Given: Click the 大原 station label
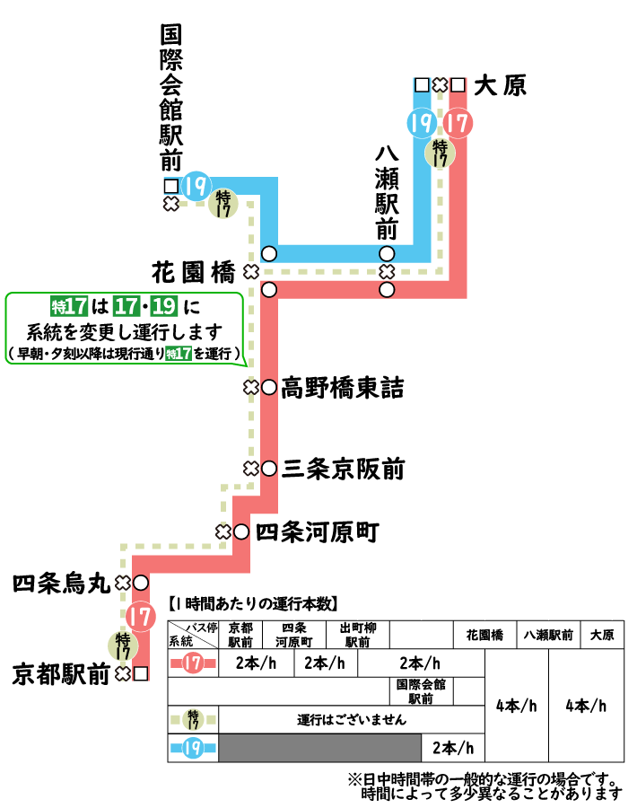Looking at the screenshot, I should point(500,85).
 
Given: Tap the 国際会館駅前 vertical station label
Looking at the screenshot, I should point(170,99).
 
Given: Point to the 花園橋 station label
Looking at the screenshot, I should point(193,270).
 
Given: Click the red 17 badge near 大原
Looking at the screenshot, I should point(457,122).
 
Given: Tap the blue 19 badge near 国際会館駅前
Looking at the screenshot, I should point(196,187).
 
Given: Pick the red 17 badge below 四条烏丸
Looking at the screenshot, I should point(139,617).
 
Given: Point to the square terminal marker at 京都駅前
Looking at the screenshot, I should point(140,672).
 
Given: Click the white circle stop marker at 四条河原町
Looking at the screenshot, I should point(240,531).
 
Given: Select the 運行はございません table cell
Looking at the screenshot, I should point(352,720).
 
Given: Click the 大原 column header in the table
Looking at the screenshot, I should point(602,635).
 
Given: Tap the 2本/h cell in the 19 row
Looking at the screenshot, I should point(452,747).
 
